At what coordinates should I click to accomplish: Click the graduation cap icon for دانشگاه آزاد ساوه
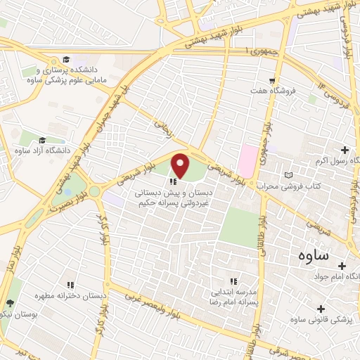click(x=42, y=140)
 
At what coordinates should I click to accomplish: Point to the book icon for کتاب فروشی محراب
click(x=286, y=175)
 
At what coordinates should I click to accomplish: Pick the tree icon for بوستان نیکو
click(x=9, y=303)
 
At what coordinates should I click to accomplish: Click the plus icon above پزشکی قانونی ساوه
click(x=321, y=308)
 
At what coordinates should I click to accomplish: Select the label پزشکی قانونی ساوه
click(x=326, y=320)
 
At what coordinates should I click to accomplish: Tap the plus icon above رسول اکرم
click(x=345, y=150)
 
